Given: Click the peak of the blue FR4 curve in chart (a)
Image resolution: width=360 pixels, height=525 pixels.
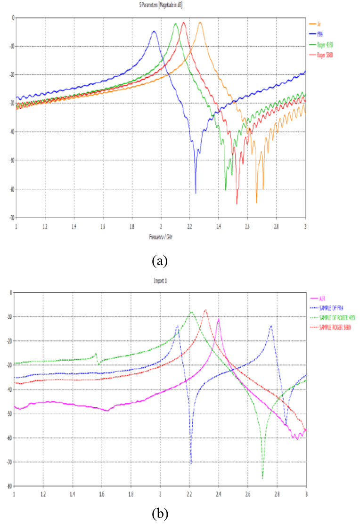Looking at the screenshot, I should [x=154, y=32].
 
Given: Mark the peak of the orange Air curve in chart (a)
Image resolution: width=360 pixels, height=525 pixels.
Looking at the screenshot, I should [x=200, y=22].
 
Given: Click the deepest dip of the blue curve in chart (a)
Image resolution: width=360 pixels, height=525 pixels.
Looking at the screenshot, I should [x=196, y=193].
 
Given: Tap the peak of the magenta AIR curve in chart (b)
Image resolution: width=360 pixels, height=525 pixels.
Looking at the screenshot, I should [x=218, y=319].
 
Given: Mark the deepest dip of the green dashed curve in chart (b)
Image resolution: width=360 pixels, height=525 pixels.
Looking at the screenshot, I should [x=263, y=478].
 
